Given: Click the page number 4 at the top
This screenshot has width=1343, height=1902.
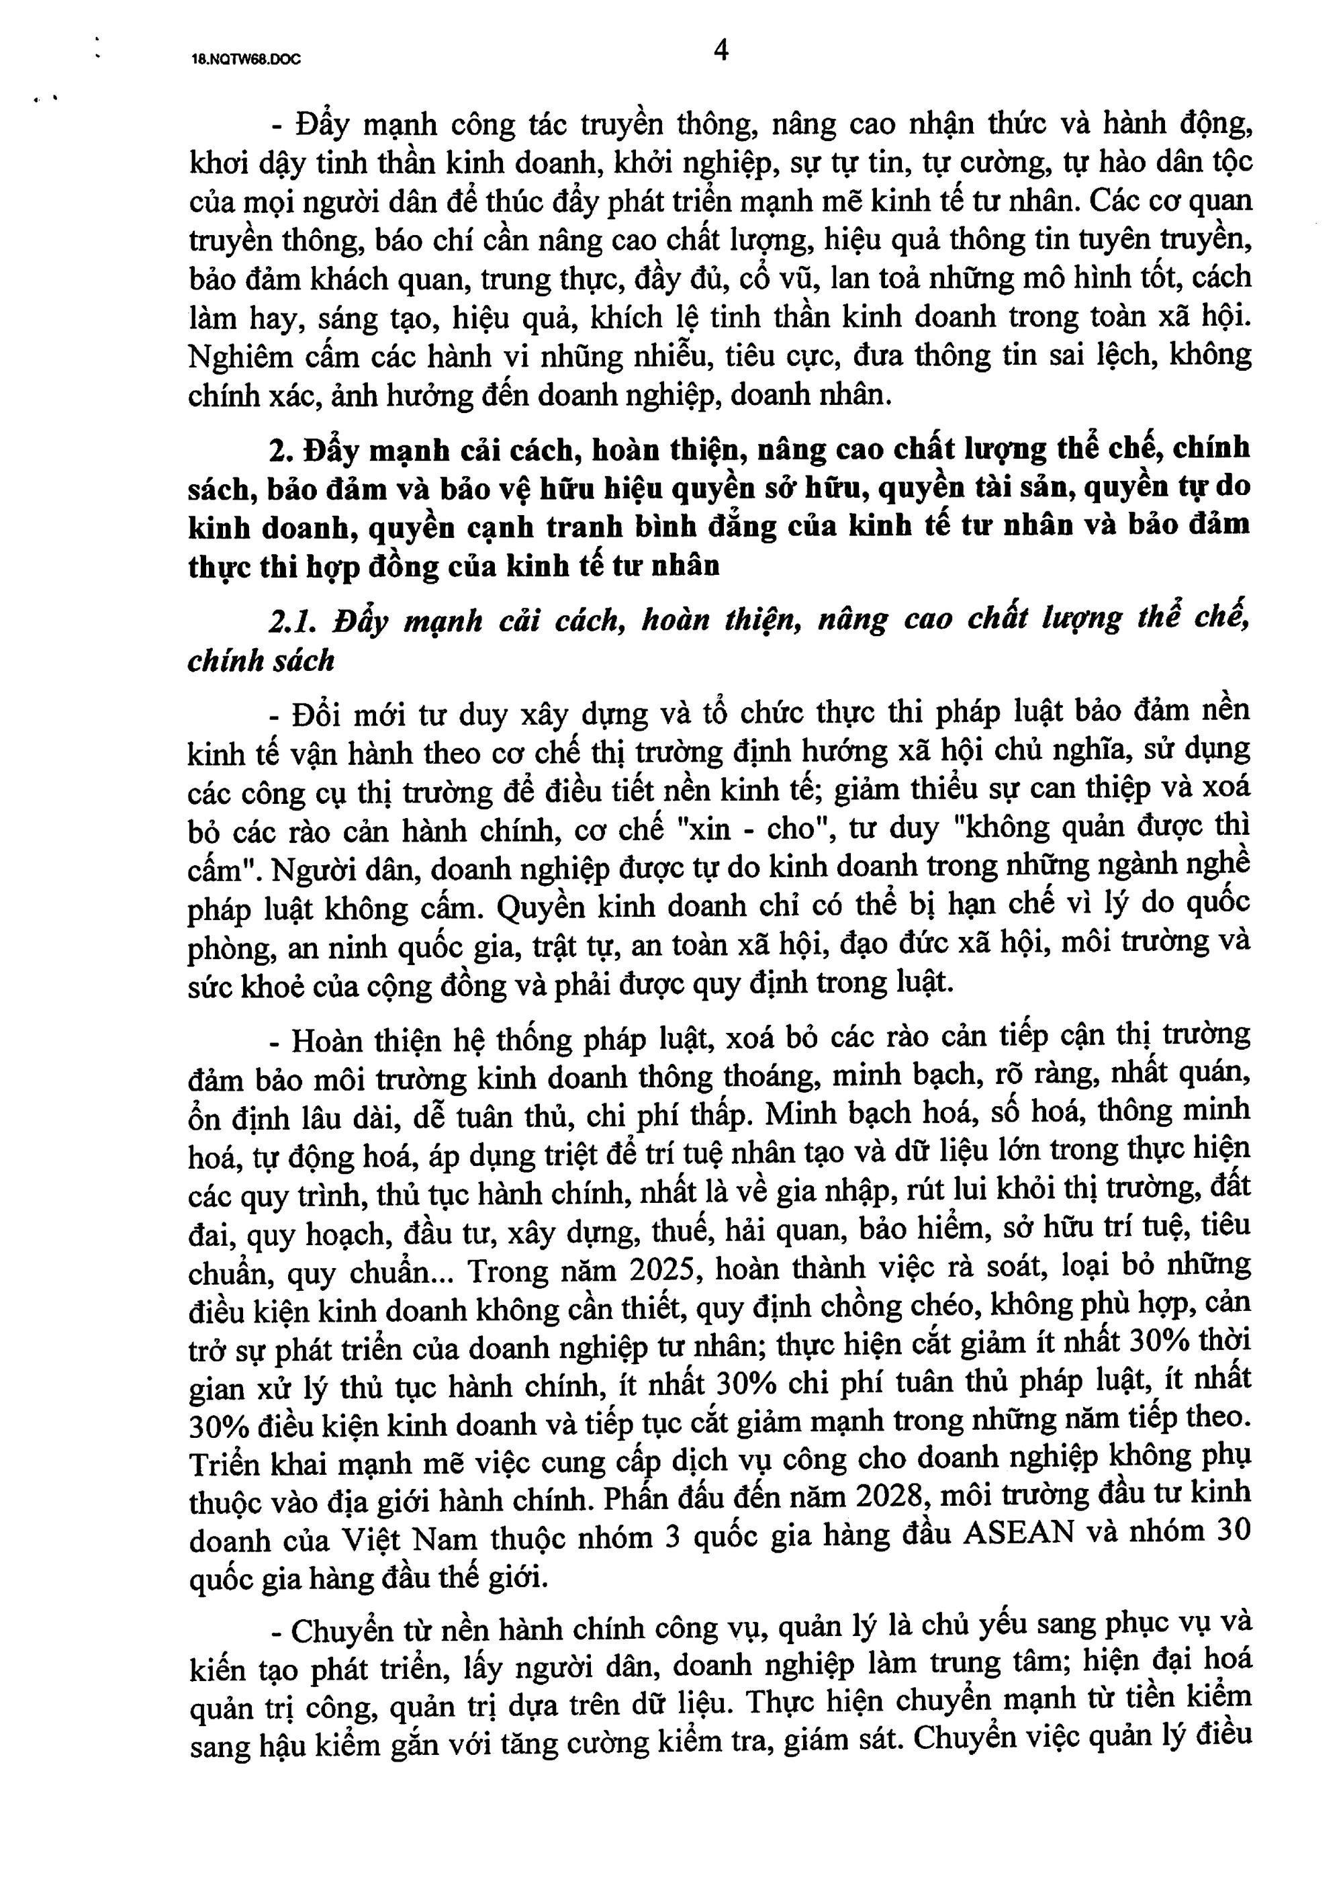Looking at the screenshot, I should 721,51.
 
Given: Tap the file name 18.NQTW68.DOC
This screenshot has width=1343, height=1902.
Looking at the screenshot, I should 245,60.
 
